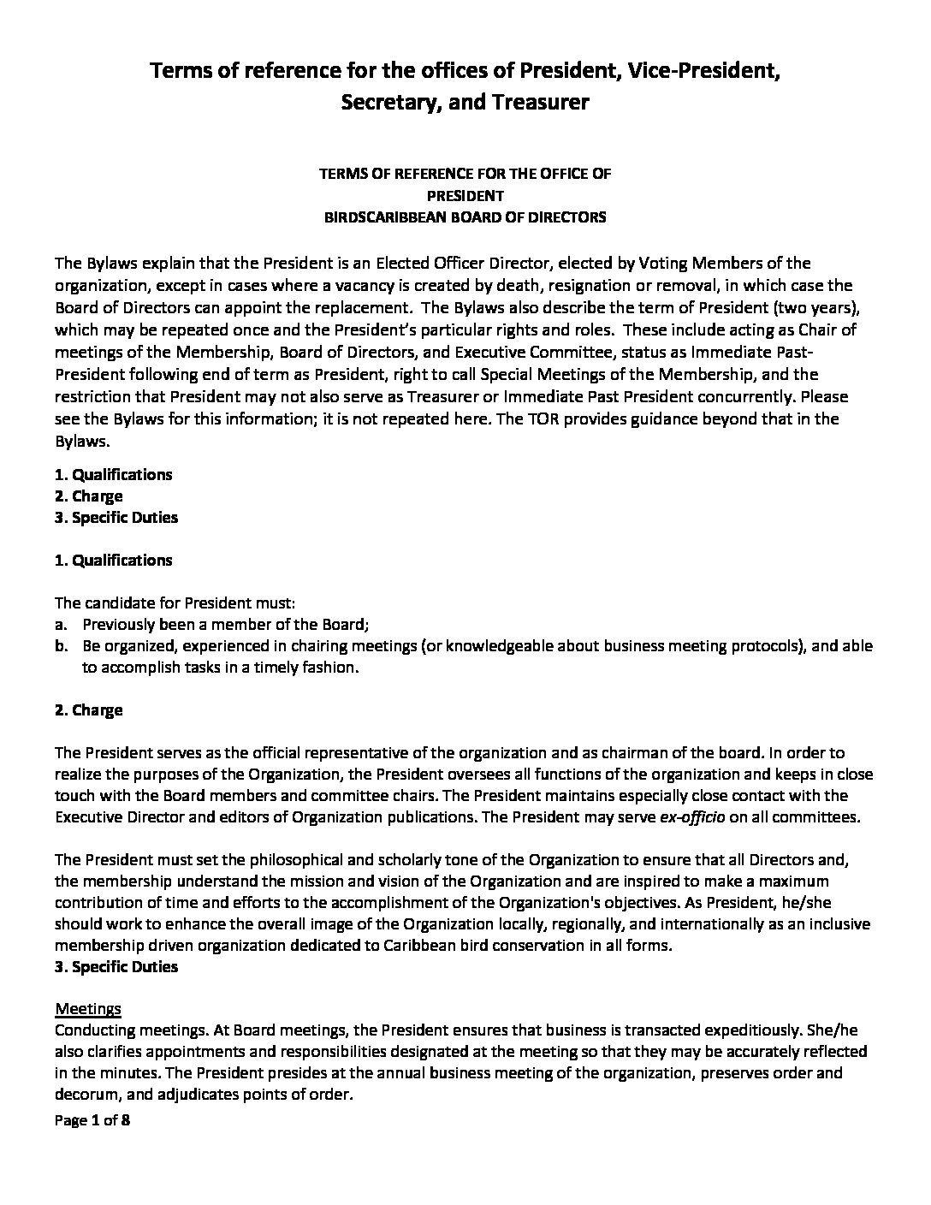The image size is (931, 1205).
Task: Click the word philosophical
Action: pos(250,860)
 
